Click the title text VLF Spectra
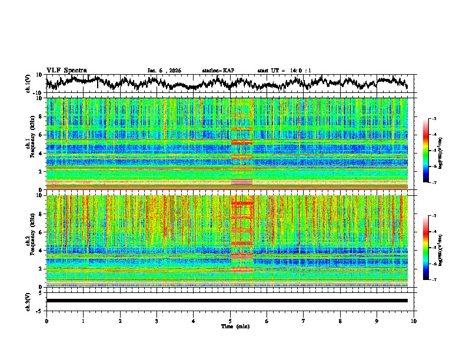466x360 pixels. click(x=66, y=71)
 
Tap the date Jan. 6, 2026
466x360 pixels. click(x=164, y=71)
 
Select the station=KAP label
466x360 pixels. click(x=218, y=71)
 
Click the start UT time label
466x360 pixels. click(x=284, y=71)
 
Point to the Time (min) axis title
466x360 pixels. click(x=234, y=326)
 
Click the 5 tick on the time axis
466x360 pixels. click(x=230, y=321)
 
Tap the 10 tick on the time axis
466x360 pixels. click(x=414, y=321)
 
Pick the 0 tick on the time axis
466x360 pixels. click(x=46, y=321)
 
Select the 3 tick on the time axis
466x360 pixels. click(x=157, y=321)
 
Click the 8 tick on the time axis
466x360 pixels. click(x=340, y=321)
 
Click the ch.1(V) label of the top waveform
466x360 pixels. click(x=28, y=84)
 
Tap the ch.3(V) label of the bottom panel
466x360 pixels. click(x=28, y=301)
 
